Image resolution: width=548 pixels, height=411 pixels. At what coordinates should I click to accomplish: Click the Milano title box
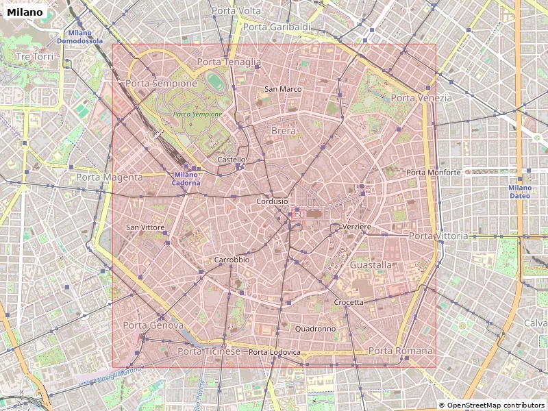[x=25, y=12]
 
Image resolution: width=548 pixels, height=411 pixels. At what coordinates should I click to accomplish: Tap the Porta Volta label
[x=236, y=11]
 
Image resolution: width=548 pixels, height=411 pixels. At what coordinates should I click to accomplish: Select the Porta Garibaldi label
[x=277, y=27]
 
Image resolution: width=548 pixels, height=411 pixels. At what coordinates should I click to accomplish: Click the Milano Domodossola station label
[x=79, y=37]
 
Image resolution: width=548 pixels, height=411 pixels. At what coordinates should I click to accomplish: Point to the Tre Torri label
[x=34, y=56]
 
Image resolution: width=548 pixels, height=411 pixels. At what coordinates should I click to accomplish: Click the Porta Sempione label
[x=161, y=83]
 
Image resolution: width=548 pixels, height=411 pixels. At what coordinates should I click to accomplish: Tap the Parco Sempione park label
[x=197, y=114]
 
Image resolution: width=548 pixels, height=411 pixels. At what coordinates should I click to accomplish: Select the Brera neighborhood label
[x=284, y=131]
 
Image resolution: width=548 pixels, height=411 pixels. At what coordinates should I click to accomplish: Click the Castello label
[x=231, y=160]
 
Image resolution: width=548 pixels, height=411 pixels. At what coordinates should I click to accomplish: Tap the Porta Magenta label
[x=110, y=177]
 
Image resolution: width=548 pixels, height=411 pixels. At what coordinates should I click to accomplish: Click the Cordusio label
[x=272, y=201]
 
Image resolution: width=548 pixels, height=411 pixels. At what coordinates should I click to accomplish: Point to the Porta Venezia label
[x=421, y=98]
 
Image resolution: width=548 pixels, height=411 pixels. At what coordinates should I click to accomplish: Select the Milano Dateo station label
[x=519, y=191]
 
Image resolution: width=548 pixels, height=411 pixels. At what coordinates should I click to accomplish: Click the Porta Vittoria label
[x=438, y=236]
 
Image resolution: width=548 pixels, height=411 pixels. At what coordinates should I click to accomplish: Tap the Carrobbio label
[x=232, y=260]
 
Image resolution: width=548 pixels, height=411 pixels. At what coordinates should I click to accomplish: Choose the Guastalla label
[x=371, y=264]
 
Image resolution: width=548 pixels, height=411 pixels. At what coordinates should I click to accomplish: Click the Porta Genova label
[x=153, y=325]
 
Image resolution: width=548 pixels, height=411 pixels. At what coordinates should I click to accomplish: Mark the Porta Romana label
[x=401, y=351]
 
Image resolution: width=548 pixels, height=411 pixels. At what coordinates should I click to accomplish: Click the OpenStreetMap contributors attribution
[x=492, y=405]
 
